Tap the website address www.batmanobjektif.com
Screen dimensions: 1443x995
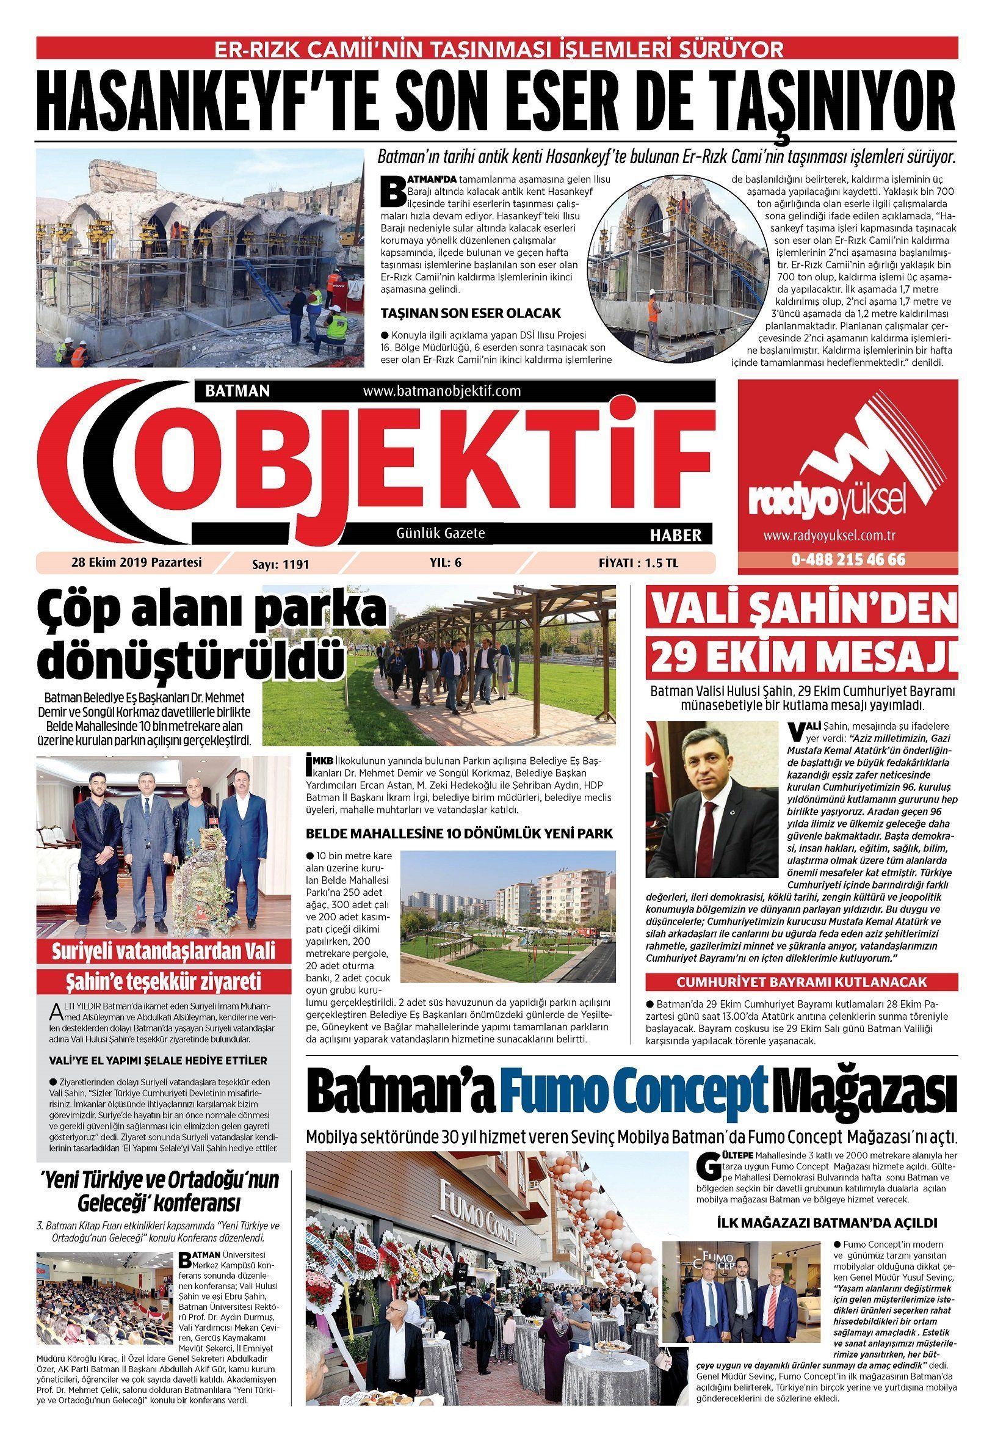pyautogui.click(x=441, y=391)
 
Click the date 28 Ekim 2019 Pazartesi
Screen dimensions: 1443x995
pyautogui.click(x=137, y=562)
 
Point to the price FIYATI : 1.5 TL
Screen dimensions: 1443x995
pyautogui.click(x=637, y=562)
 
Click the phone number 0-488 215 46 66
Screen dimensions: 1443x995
pyautogui.click(x=848, y=559)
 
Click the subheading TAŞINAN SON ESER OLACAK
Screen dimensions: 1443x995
pyautogui.click(x=471, y=313)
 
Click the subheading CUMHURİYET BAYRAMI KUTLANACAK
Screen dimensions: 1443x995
pyautogui.click(x=801, y=982)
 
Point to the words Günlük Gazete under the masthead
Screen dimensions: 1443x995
pyautogui.click(x=441, y=533)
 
